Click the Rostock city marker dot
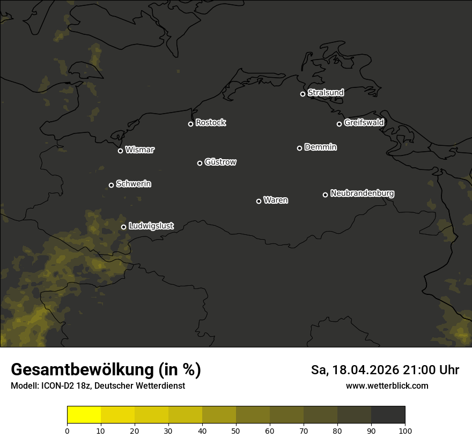pyautogui.click(x=190, y=124)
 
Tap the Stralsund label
pyautogui.click(x=326, y=93)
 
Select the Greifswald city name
pyautogui.click(x=364, y=123)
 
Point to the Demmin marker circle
pyautogui.click(x=299, y=148)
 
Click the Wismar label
pyautogui.click(x=139, y=150)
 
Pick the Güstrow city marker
pyautogui.click(x=200, y=163)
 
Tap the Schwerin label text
pyautogui.click(x=134, y=184)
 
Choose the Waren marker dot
pyautogui.click(x=259, y=201)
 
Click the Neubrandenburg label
pyautogui.click(x=362, y=194)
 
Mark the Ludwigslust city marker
pyautogui.click(x=123, y=227)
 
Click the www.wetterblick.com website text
pyautogui.click(x=387, y=386)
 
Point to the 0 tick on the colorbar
pyautogui.click(x=67, y=431)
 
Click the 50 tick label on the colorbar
pyautogui.click(x=236, y=431)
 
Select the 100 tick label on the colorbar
pyautogui.click(x=405, y=431)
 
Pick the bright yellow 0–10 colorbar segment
pyautogui.click(x=84, y=415)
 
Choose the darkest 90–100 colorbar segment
pyautogui.click(x=388, y=415)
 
